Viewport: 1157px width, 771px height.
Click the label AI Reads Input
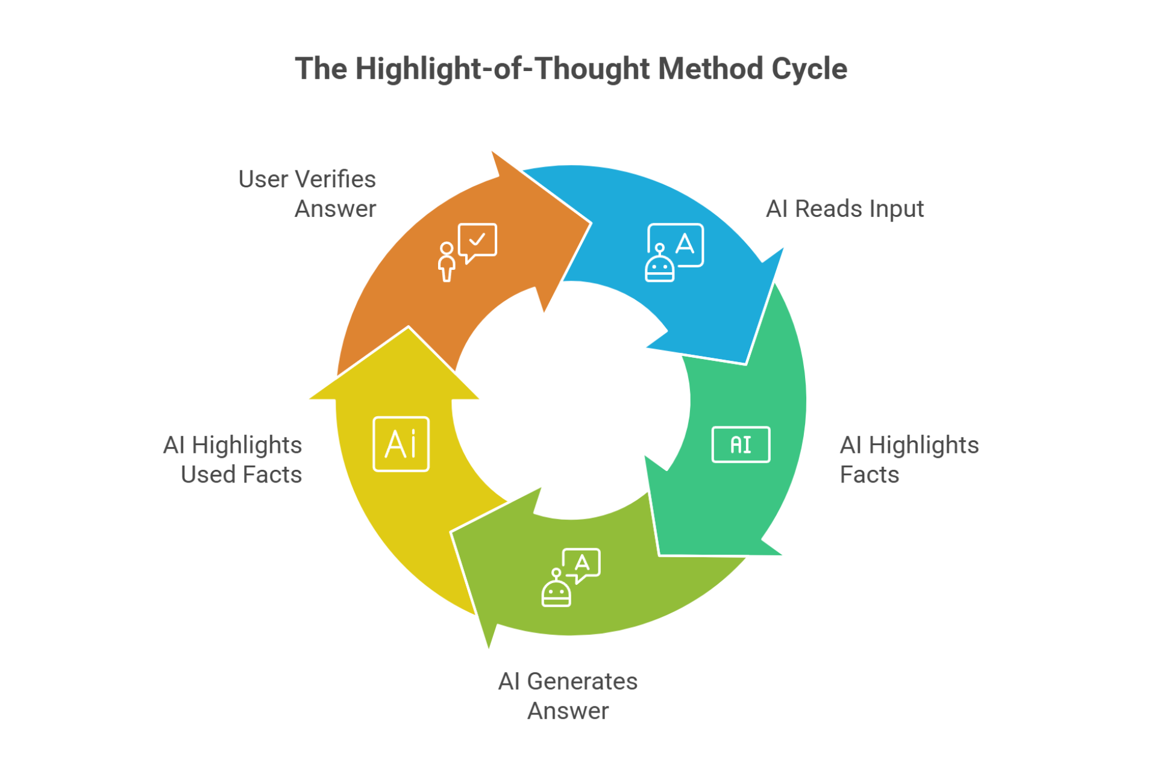pos(844,209)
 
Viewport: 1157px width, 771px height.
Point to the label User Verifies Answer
pos(307,194)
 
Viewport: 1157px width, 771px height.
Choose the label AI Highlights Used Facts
pos(233,460)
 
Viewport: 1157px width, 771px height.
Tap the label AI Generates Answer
pos(568,696)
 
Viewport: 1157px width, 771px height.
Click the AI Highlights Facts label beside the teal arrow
pos(909,460)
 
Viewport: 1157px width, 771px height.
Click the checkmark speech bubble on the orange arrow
pos(478,242)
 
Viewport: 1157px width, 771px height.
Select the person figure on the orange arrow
pos(447,261)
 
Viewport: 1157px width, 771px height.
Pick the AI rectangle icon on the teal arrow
pos(741,445)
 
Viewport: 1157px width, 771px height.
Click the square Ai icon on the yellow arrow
pos(401,444)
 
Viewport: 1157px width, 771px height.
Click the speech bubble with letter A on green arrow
pos(582,564)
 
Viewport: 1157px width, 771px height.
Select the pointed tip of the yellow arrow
pos(409,329)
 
